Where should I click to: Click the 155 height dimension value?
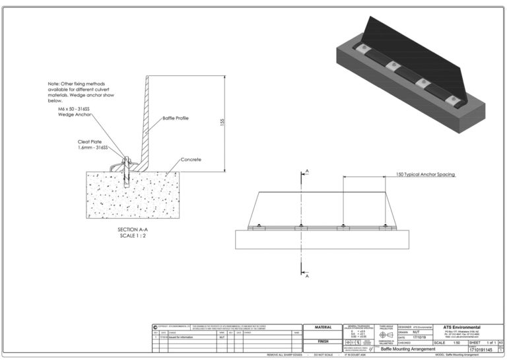coord(224,124)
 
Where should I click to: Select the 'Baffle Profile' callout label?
coord(176,118)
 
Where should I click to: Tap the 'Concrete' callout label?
coord(191,159)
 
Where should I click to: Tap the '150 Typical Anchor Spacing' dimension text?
coord(425,174)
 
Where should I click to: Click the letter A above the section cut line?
coord(306,171)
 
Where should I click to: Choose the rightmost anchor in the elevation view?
coord(385,226)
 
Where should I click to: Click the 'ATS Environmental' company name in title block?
coord(461,328)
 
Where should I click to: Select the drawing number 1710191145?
coord(481,349)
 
